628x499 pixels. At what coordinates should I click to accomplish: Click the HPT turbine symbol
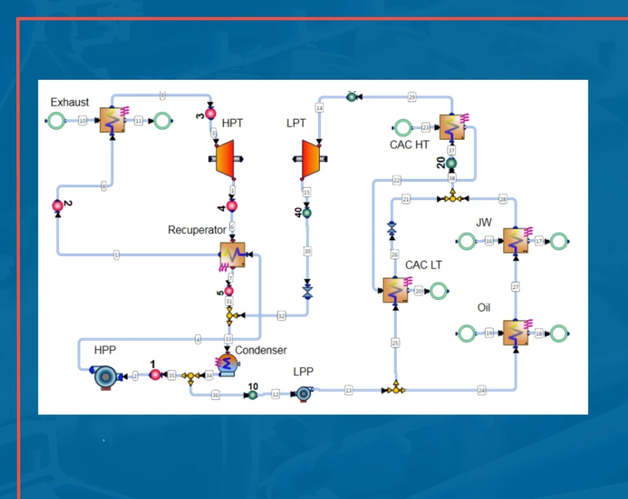[225, 158]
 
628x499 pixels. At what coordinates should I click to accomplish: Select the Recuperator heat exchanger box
[233, 255]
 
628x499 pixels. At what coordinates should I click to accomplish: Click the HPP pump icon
[106, 377]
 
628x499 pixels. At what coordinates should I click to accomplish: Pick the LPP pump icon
[303, 394]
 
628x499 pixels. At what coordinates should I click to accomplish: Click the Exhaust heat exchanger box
[112, 120]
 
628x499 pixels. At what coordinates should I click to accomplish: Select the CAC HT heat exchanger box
[452, 127]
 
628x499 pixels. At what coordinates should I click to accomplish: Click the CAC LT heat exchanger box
[395, 290]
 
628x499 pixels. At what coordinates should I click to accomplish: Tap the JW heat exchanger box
[516, 240]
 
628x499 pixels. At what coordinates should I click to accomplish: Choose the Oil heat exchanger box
[516, 333]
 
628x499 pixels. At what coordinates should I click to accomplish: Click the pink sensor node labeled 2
[58, 205]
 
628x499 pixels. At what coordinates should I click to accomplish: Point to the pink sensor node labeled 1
[155, 375]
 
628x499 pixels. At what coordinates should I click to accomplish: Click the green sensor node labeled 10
[252, 395]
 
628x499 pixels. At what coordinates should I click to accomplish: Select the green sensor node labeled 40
[307, 213]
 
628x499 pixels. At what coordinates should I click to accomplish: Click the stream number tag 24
[481, 390]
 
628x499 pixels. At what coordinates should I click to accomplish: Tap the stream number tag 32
[282, 316]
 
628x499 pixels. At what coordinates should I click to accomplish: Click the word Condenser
[261, 350]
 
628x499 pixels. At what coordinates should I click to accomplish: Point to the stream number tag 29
[412, 97]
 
